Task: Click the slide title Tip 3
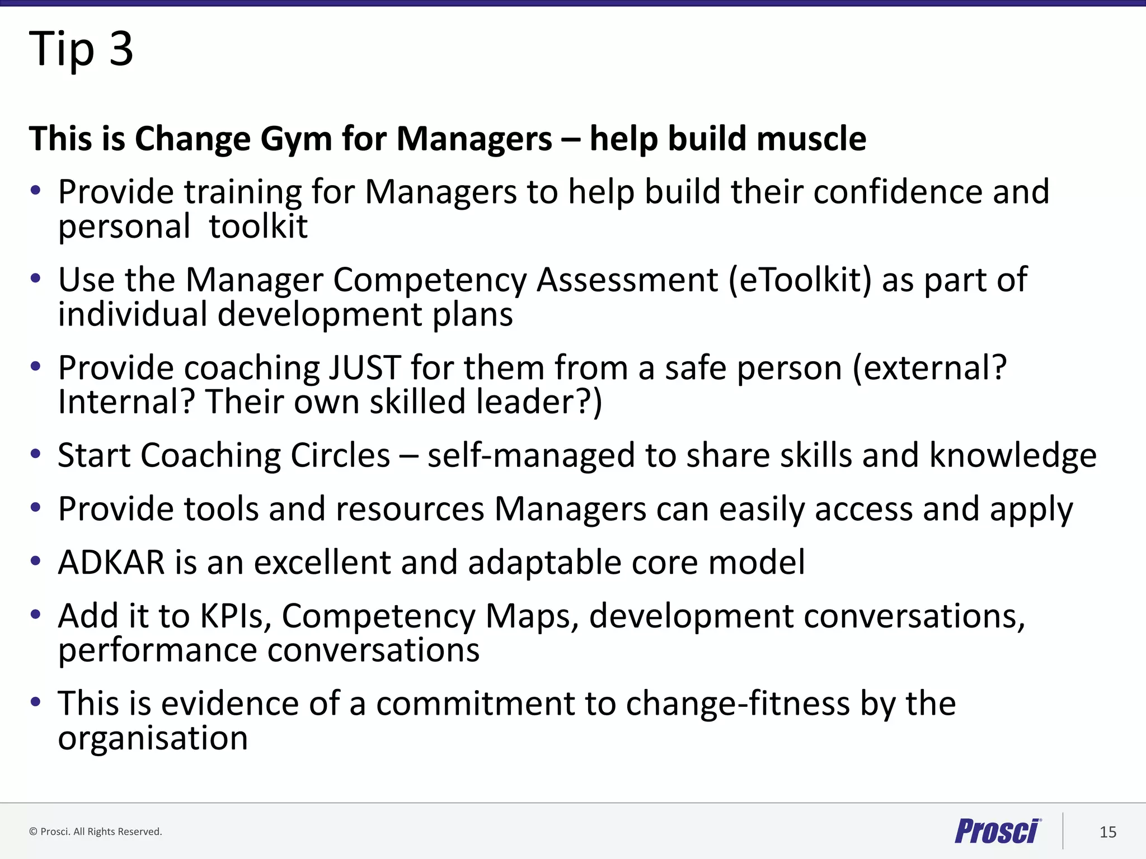point(81,49)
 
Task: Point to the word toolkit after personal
point(258,227)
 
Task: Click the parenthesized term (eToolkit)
point(800,280)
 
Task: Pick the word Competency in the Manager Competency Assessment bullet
point(430,281)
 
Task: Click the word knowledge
point(1013,455)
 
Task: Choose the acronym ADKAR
point(111,563)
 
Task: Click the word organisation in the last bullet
point(153,739)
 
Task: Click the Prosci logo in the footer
point(998,831)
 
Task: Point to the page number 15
point(1107,832)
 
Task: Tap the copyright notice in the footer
point(95,832)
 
